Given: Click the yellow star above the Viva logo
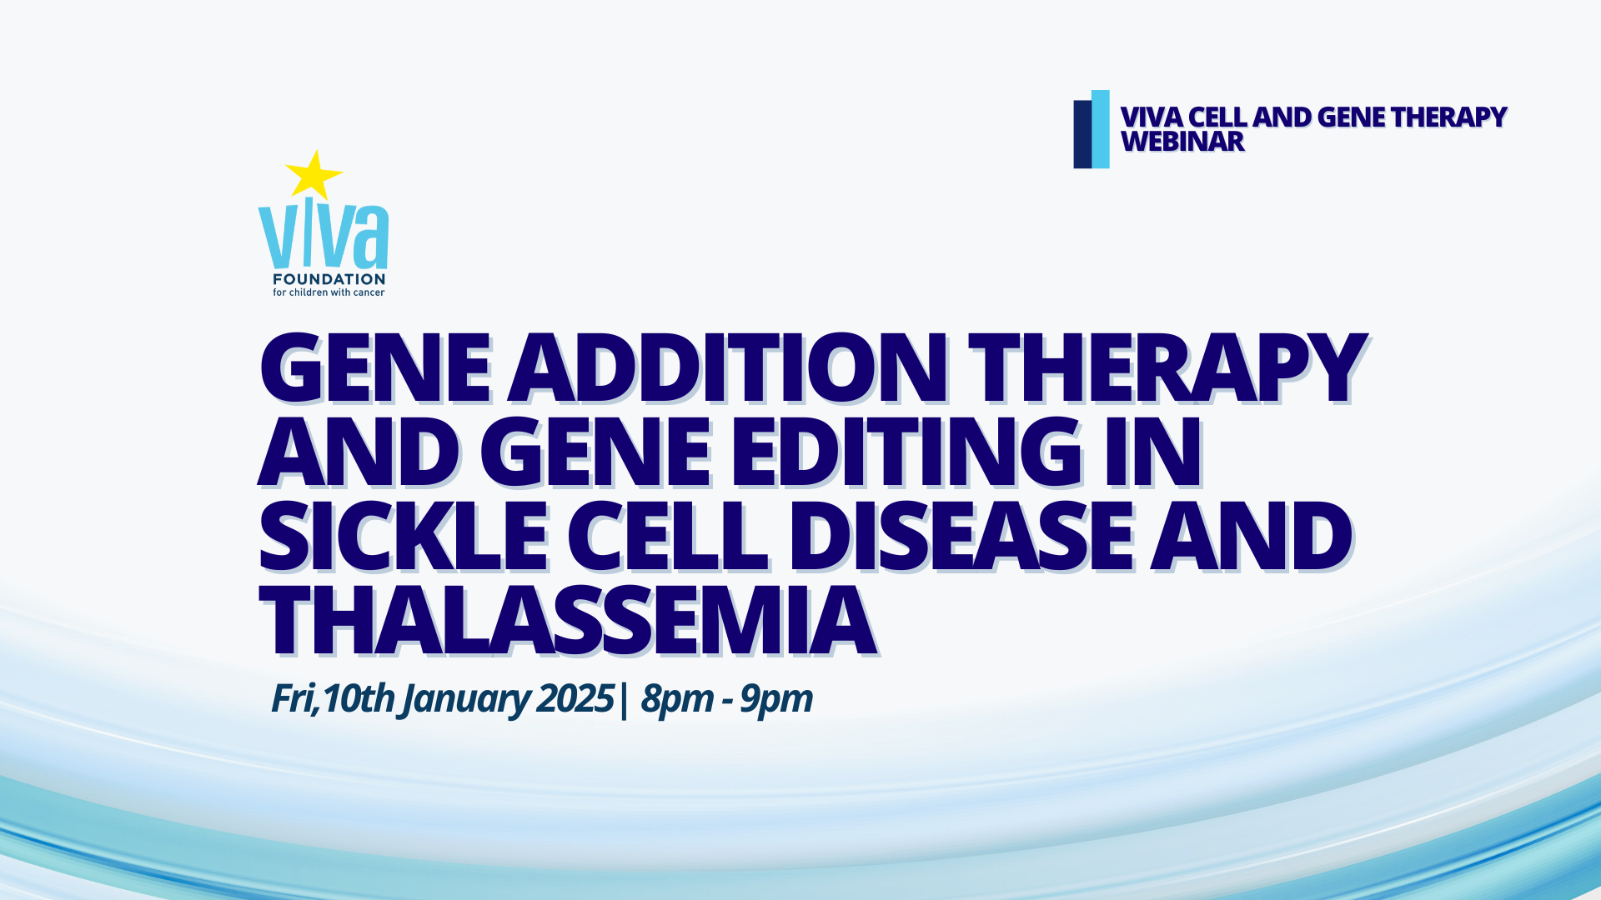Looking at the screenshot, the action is [x=314, y=175].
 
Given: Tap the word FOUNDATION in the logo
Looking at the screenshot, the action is [x=329, y=279].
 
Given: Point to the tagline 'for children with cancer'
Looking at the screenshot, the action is [x=329, y=292].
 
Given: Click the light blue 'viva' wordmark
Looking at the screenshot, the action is [x=324, y=236].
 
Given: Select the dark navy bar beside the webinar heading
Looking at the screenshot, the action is [x=1082, y=134].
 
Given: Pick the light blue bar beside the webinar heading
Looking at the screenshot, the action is [x=1101, y=129].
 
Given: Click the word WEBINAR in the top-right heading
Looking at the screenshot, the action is [x=1182, y=142].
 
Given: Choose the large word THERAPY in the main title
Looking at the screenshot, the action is [x=1167, y=368].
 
